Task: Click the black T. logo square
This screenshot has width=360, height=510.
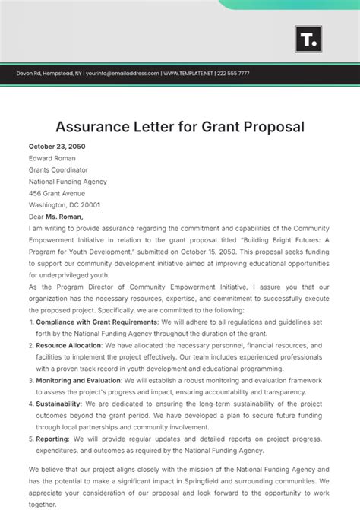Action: pyautogui.click(x=308, y=40)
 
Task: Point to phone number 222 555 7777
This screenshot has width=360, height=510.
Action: pyautogui.click(x=233, y=74)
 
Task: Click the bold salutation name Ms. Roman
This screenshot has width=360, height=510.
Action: pyautogui.click(x=68, y=217)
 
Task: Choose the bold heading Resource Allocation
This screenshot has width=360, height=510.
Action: pyautogui.click(x=69, y=345)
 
